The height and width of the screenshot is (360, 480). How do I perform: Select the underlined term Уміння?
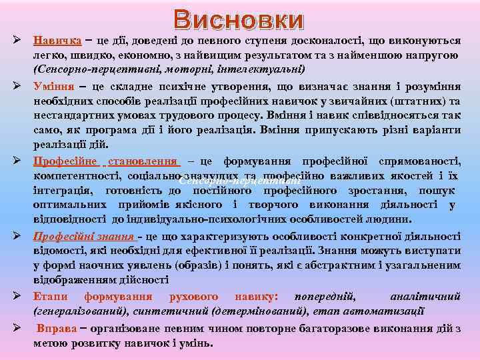click(x=54, y=87)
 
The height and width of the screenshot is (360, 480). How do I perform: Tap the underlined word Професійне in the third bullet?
click(x=65, y=161)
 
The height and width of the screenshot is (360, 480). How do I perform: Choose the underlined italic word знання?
click(x=116, y=237)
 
